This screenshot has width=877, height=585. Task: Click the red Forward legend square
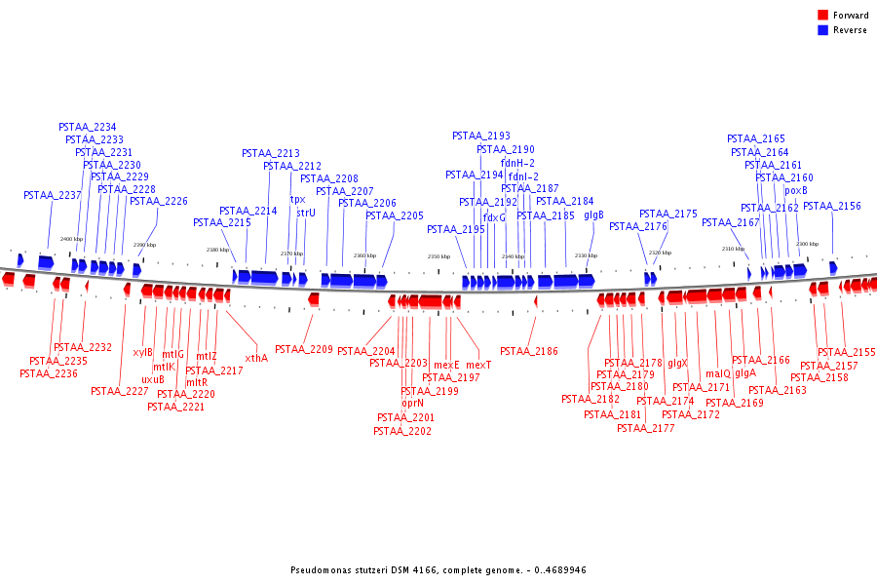(x=823, y=16)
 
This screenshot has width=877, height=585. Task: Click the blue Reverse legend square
(x=823, y=30)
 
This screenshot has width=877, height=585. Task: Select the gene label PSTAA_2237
(x=52, y=196)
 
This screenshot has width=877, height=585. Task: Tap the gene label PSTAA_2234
(x=88, y=128)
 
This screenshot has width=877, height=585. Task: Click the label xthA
(x=256, y=358)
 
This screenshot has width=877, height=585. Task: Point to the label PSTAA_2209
(x=303, y=349)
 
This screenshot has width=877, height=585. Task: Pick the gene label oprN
(x=412, y=403)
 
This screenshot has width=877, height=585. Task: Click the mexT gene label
(x=478, y=365)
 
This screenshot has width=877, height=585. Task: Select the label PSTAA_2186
(x=529, y=351)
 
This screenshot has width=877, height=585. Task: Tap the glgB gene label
(x=593, y=214)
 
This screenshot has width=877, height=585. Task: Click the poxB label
(x=796, y=191)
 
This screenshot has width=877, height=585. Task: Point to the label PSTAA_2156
(x=832, y=207)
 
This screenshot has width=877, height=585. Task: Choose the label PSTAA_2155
(x=846, y=353)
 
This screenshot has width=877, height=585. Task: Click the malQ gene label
(x=717, y=373)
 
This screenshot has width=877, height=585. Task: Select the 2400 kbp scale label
(x=71, y=239)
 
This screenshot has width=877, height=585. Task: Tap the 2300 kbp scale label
(x=807, y=244)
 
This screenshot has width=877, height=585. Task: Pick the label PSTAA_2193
(x=481, y=136)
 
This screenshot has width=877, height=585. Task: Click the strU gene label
(x=306, y=213)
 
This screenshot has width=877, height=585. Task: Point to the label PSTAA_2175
(x=668, y=214)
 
